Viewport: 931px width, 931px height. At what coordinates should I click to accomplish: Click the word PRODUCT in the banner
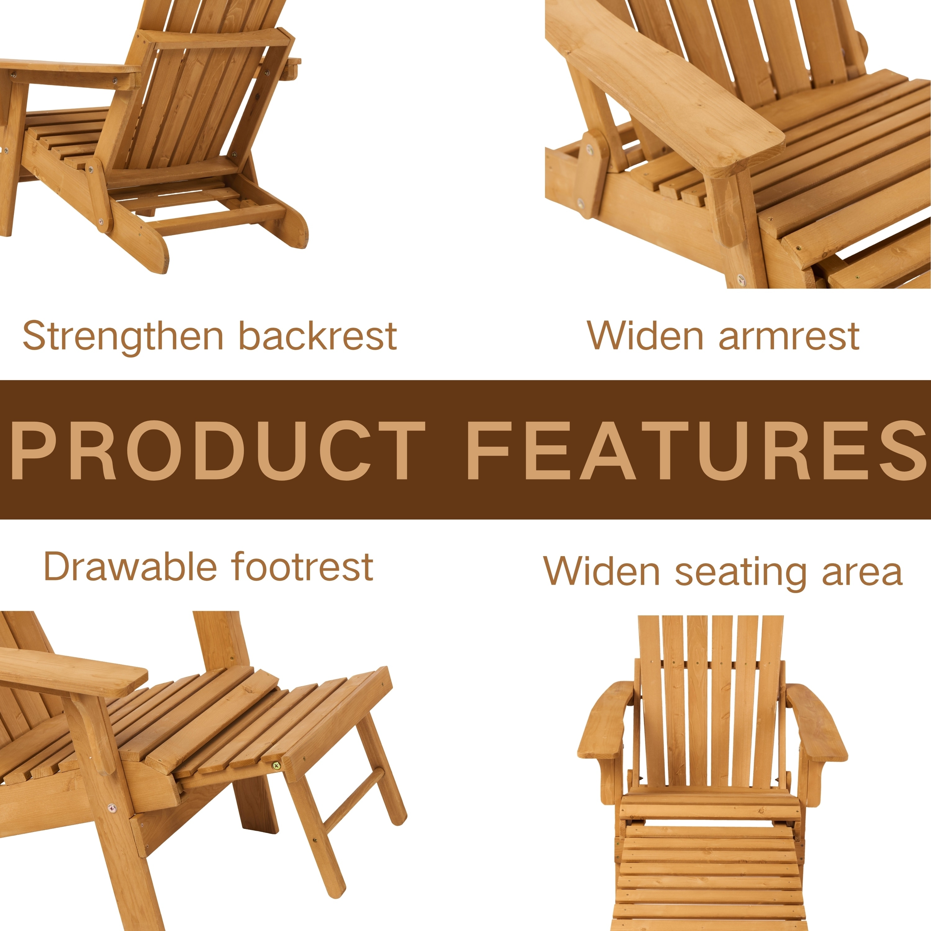point(218,450)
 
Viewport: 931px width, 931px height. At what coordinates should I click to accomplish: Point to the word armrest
point(789,336)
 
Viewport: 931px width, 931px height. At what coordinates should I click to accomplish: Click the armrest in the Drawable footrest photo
point(72,671)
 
